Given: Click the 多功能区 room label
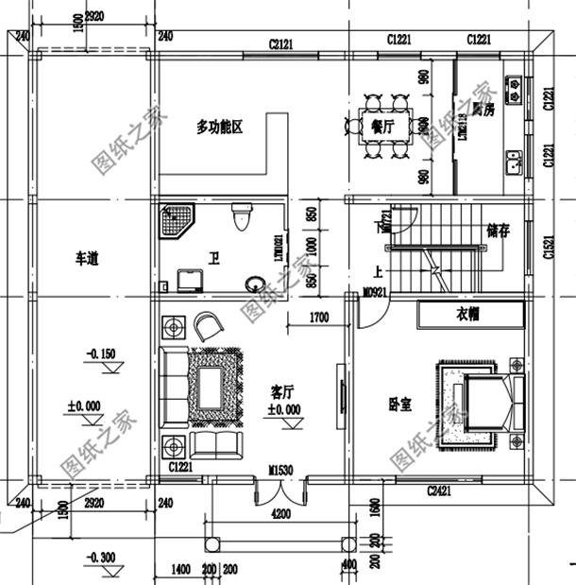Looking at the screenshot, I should (x=220, y=127).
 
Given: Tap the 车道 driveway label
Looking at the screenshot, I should (x=89, y=257).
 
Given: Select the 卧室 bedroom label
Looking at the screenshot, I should (x=399, y=404).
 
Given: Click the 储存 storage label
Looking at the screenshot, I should (x=498, y=231).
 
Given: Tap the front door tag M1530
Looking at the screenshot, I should (x=280, y=470).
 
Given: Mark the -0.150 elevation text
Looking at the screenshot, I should (x=100, y=354).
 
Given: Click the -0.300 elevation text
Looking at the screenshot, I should (x=100, y=557).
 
